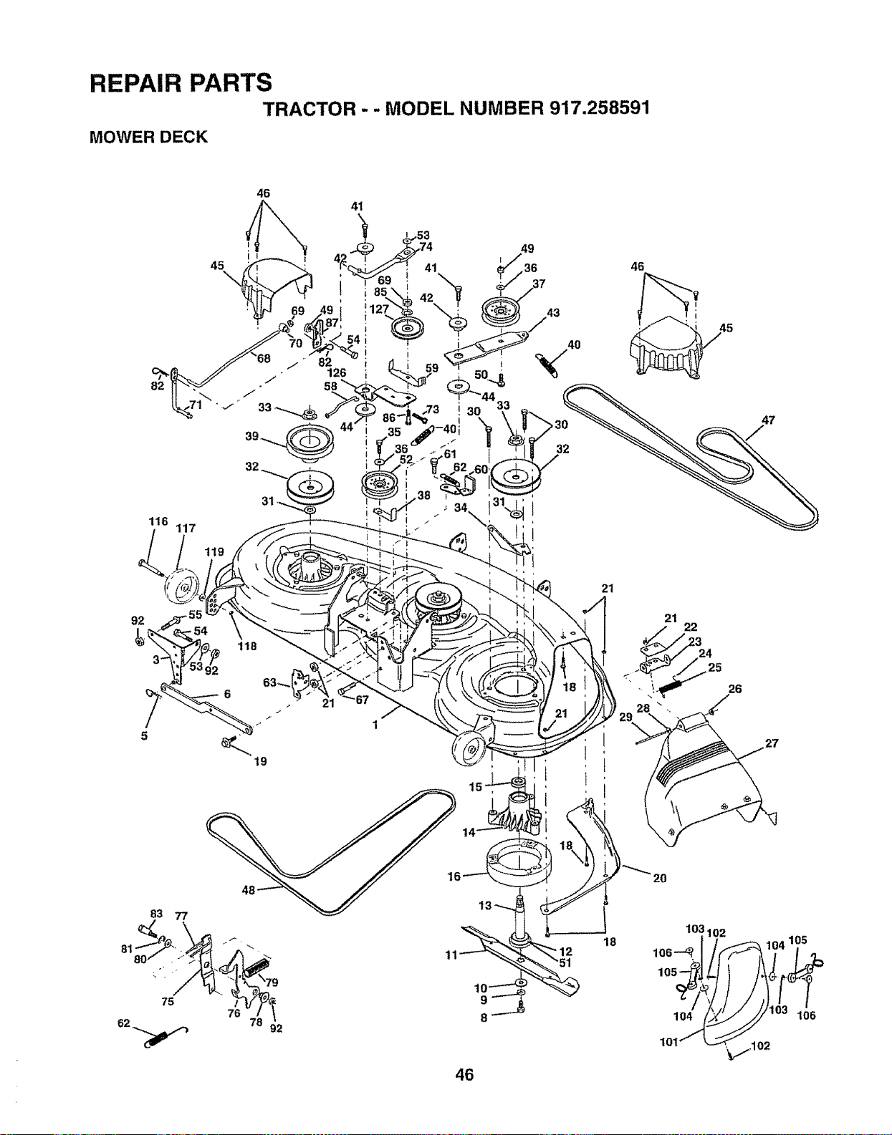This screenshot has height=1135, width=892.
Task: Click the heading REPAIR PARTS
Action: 181,83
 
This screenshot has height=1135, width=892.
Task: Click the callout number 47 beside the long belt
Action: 768,420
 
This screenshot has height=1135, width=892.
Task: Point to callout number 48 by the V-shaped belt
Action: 249,891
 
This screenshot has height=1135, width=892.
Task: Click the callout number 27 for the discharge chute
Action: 772,743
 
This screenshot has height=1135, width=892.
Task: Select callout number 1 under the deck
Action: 375,725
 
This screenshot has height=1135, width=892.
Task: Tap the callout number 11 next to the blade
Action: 451,955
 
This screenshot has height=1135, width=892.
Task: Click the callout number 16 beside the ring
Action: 454,876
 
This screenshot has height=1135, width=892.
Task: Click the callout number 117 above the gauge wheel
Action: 186,528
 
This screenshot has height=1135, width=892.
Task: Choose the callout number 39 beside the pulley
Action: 252,436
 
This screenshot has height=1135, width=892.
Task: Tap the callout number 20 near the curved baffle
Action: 660,878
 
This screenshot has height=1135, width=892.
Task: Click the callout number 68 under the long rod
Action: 264,359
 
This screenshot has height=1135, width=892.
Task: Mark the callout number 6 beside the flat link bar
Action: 227,695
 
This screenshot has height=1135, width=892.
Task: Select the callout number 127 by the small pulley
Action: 379,309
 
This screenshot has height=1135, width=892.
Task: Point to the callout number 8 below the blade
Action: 484,1017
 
